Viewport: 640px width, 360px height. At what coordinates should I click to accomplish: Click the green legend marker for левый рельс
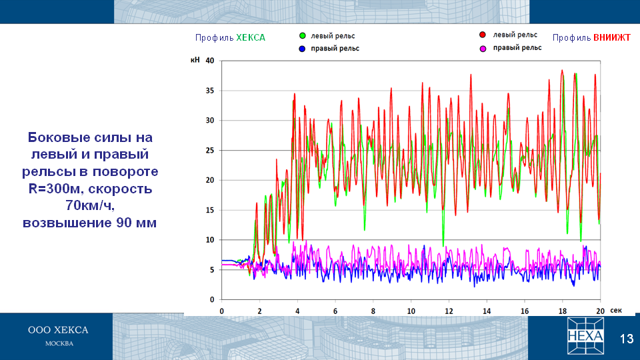[303, 36]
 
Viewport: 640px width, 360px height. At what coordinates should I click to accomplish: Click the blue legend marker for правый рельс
[302, 49]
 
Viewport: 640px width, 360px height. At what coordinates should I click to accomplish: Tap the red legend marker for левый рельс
[483, 35]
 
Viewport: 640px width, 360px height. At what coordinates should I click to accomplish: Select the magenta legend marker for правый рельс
[483, 49]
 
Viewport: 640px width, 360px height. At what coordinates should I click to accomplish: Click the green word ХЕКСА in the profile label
[251, 37]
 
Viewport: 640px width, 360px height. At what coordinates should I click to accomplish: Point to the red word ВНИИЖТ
[612, 37]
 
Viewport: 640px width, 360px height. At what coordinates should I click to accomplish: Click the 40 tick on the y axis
[210, 61]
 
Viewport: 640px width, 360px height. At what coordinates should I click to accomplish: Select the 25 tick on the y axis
[210, 150]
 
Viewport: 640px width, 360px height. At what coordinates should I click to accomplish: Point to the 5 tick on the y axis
[212, 270]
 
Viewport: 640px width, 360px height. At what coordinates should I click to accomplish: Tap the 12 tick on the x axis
[449, 311]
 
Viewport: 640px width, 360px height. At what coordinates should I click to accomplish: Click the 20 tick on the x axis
[600, 311]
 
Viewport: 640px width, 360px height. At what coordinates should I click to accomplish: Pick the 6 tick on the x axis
[335, 311]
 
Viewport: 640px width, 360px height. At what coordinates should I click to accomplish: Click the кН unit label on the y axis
[195, 60]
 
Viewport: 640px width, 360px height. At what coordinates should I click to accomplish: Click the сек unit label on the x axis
[616, 311]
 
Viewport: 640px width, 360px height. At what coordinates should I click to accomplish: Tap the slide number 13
[627, 339]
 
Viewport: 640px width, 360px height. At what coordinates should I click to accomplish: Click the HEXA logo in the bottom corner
[585, 336]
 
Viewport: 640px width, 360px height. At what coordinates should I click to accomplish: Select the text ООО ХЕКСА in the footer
[58, 330]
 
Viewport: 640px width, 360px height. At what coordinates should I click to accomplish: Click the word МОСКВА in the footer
[59, 344]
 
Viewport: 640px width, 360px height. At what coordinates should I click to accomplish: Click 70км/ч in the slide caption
[90, 205]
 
